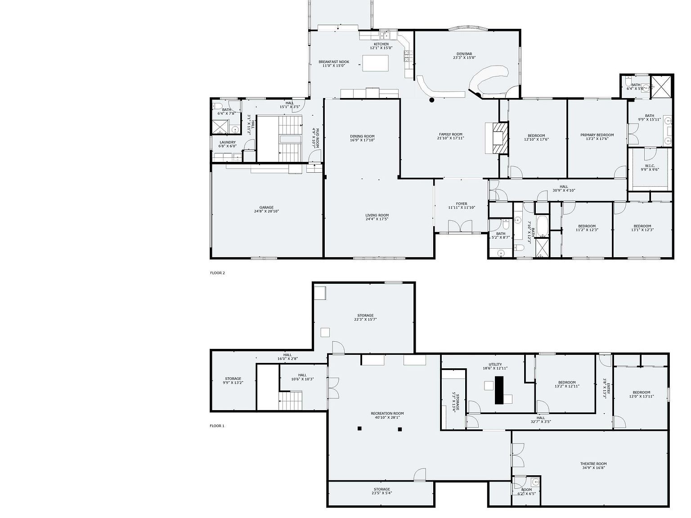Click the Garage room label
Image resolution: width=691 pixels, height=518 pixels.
tap(266, 208)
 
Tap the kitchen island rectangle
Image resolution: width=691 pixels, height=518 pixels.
tap(376, 63)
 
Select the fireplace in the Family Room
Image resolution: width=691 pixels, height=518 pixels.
tap(499, 138)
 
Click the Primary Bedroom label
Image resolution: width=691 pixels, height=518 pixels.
tap(597, 135)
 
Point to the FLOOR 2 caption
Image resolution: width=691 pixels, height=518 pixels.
tap(217, 273)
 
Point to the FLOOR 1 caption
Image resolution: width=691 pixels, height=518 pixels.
tap(217, 426)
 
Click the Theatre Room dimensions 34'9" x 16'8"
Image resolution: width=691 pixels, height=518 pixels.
tap(593, 468)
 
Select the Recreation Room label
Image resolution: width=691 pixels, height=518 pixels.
tap(387, 413)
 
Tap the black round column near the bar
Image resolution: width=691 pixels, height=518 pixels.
tap(431, 100)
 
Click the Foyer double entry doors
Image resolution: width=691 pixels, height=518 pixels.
tap(460, 227)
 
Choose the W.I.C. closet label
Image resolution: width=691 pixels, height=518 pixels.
tap(650, 165)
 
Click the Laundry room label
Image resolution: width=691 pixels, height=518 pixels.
tap(228, 142)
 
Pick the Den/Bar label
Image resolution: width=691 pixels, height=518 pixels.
tap(464, 54)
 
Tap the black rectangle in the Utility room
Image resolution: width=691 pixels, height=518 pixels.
tap(499, 390)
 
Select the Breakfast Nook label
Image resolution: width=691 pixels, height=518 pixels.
tap(334, 62)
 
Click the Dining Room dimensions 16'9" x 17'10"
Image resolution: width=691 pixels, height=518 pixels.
tap(362, 140)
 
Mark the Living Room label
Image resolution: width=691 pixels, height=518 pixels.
tap(377, 215)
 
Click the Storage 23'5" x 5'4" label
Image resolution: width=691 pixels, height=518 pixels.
tap(381, 489)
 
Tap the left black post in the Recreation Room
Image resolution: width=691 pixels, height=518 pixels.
tap(359, 429)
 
